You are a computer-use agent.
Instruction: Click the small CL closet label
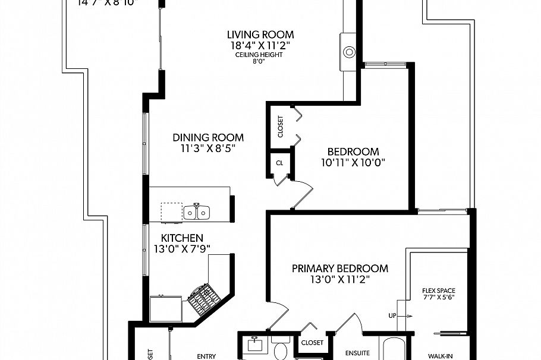279,162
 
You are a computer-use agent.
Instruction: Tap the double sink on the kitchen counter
196,211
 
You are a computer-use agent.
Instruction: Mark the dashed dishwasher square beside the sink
171,211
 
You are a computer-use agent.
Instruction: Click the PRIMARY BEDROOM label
339,269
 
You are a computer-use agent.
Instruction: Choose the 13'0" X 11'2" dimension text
339,279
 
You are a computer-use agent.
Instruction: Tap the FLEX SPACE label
438,290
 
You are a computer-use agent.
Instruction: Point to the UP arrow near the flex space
392,315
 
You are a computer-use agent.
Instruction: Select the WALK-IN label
441,356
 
